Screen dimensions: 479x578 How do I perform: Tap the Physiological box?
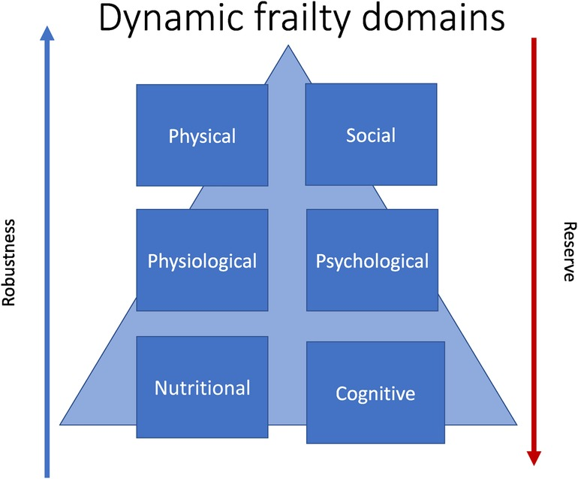(x=202, y=260)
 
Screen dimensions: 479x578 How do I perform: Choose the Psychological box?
(x=372, y=260)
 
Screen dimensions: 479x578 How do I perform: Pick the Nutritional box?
(x=202, y=387)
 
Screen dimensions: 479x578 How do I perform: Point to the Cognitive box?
(x=373, y=392)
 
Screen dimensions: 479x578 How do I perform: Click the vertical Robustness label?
(x=11, y=262)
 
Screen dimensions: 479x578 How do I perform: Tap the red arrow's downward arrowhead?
(x=534, y=459)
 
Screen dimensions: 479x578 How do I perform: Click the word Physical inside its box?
(x=202, y=136)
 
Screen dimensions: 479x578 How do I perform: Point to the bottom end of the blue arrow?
(x=47, y=475)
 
